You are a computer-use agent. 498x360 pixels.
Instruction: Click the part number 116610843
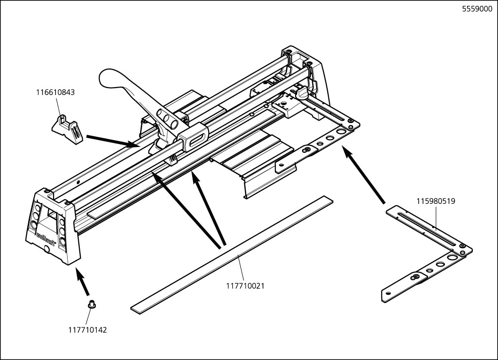tap(55, 92)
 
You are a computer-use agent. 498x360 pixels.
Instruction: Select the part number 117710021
tap(245, 286)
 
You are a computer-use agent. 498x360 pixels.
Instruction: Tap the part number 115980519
tap(436, 200)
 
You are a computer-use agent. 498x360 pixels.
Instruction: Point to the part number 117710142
tap(88, 330)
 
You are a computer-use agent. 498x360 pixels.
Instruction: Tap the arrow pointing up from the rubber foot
tap(83, 284)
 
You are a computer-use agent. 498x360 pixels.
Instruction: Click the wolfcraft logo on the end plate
tap(47, 238)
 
